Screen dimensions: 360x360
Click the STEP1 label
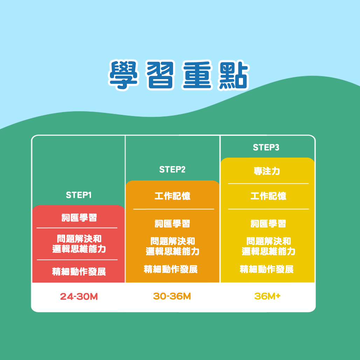click(x=79, y=195)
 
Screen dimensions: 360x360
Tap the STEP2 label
click(x=172, y=169)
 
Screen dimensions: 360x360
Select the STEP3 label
click(x=266, y=147)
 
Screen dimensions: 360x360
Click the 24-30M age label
click(x=79, y=296)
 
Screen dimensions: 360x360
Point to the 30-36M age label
click(x=172, y=296)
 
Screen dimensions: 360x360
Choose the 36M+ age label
click(x=267, y=296)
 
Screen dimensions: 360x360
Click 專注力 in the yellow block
click(x=267, y=171)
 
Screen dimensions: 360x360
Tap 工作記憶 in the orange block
click(x=172, y=196)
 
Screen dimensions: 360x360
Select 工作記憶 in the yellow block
click(x=268, y=196)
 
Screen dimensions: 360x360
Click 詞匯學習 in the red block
click(x=79, y=217)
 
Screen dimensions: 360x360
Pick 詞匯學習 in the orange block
click(x=172, y=223)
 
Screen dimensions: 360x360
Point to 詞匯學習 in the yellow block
click(x=268, y=223)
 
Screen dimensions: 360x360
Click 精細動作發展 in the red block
click(x=79, y=272)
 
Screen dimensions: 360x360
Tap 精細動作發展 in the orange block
click(x=171, y=269)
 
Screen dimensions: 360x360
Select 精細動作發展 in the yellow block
click(x=266, y=269)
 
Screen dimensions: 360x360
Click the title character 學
click(x=124, y=75)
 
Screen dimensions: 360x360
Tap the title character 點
click(x=234, y=75)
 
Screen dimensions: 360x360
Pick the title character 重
click(x=197, y=75)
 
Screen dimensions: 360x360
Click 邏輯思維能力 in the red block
click(x=79, y=249)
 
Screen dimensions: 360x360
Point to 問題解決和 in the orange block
click(x=173, y=241)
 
